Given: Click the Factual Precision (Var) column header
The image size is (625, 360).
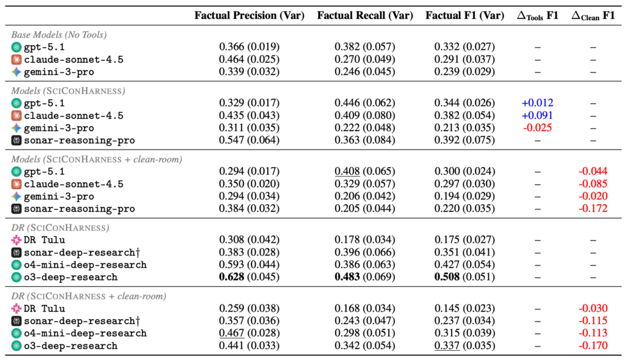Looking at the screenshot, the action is pos(249,15).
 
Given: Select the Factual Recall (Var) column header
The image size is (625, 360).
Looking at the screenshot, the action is pos(365,15).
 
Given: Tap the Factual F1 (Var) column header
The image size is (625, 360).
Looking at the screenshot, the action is pos(464,15).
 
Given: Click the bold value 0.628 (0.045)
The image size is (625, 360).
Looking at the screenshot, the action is pos(249,277).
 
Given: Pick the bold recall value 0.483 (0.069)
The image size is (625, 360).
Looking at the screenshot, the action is pos(365,277).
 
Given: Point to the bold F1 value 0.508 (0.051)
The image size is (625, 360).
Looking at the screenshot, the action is pos(464,277).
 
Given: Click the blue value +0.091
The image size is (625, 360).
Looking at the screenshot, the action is pos(537,115).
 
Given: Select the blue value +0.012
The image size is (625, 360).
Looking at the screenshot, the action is pos(537,103).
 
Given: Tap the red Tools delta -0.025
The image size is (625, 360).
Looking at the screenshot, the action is pos(537,128).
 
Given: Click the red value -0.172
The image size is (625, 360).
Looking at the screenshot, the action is pos(593,209).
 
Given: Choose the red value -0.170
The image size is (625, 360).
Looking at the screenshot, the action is pos(593,345).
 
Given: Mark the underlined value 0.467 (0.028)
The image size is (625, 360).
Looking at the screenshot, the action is pos(249,333).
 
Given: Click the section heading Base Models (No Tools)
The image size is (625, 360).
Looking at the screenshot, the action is pos(59,35).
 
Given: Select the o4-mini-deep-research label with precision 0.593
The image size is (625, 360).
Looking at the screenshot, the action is pos(85,265).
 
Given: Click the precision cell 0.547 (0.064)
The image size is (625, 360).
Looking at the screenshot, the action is pos(249,140).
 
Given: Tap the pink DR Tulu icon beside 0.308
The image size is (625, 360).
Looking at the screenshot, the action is pos(16,240).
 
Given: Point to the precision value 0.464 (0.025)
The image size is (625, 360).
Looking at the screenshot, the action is pos(249,59).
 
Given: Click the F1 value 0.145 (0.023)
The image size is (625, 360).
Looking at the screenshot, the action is pos(464,309).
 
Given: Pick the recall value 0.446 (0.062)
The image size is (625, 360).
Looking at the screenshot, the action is pos(365,103).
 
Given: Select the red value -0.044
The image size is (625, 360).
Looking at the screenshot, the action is pos(593,171).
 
